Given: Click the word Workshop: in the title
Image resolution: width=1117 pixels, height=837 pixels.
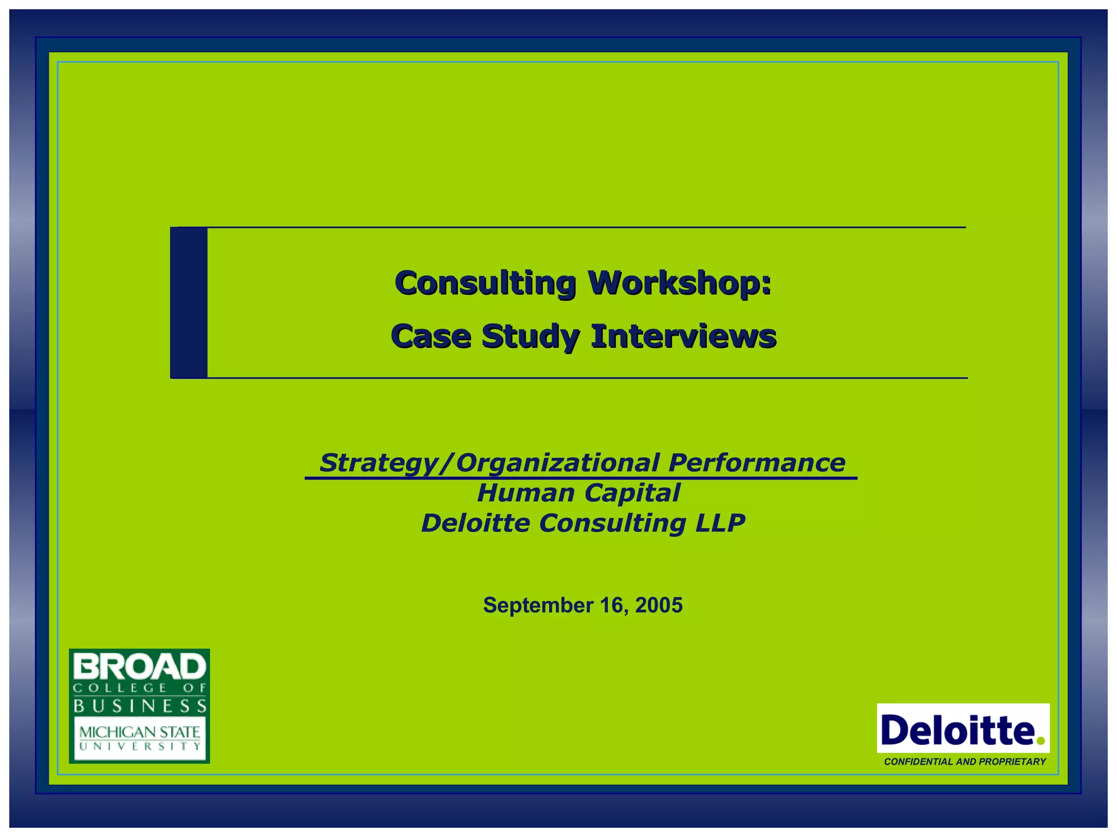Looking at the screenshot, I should [x=679, y=283].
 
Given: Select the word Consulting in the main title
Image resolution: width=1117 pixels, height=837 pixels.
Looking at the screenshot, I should [x=485, y=283].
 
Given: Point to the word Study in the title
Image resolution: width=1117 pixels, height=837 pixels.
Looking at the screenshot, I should [x=530, y=337].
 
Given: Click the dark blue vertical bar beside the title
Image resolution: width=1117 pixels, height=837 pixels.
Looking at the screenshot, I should [x=189, y=302].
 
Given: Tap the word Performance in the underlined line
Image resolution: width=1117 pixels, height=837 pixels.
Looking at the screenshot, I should [x=756, y=463].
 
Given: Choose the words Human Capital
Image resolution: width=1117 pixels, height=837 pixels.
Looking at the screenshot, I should [x=578, y=493].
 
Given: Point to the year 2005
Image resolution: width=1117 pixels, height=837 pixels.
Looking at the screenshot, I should [x=658, y=605].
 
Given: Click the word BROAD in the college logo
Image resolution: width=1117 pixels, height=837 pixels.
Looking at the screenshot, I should [x=140, y=666].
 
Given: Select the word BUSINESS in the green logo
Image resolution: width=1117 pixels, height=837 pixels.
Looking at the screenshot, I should [x=140, y=706].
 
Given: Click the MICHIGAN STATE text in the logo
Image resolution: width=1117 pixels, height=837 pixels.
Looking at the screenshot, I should [x=140, y=731].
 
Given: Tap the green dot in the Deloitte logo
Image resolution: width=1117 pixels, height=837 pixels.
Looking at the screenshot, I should [x=1040, y=741].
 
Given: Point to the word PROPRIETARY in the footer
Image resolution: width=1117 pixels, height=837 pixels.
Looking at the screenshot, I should [x=1012, y=762].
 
